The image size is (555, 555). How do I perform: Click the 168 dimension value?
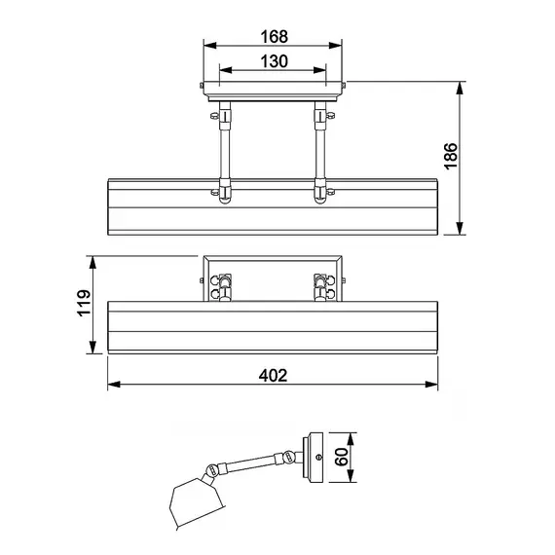coord(274,36)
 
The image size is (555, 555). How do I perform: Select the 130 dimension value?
coord(274,61)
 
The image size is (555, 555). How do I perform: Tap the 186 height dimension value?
coord(450,156)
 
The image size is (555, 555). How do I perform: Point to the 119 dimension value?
coord(84,303)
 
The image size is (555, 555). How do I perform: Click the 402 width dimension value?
coord(273,376)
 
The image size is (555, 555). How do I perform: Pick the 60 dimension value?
coord(341,457)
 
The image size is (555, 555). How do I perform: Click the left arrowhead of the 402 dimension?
coord(114,385)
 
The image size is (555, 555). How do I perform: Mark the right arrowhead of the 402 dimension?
coord(431,385)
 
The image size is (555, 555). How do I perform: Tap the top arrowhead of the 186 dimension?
coord(460,88)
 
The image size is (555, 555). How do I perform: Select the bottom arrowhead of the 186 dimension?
coord(460,228)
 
